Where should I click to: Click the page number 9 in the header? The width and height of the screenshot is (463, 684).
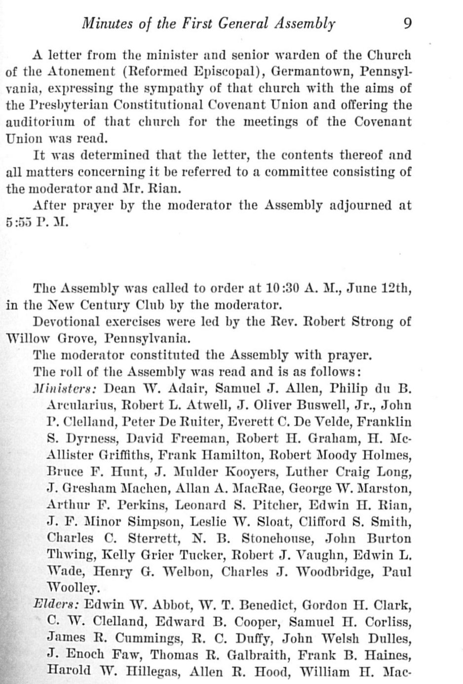[x=408, y=23]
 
